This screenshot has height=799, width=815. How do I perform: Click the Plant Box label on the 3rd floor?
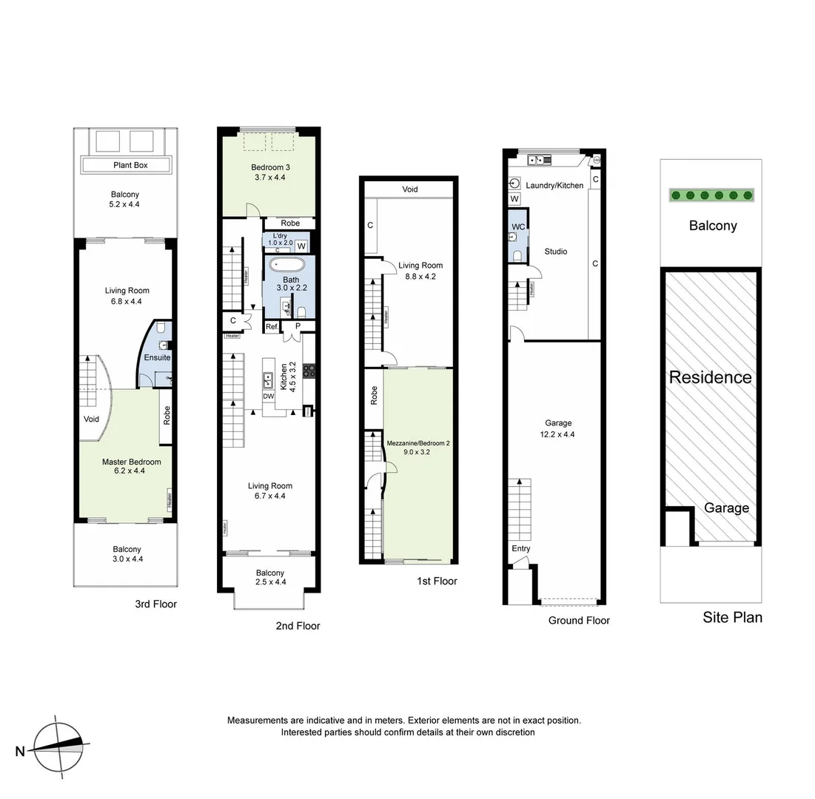130,165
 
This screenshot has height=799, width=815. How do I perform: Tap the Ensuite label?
157,357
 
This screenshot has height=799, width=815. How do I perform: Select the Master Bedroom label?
131,462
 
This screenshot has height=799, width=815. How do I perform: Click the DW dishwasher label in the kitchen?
269,397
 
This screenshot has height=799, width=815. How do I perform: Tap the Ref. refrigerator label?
272,326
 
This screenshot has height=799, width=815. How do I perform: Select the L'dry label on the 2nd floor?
281,235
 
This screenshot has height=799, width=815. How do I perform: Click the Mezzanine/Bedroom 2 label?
418,444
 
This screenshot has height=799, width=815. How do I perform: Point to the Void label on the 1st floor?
410,189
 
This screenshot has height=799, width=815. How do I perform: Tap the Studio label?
555,252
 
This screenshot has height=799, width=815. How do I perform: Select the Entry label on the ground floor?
521,548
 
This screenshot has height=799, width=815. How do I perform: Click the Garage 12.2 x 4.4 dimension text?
558,434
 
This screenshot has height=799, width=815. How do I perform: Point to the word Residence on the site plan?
710,377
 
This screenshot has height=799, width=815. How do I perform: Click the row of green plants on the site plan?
711,195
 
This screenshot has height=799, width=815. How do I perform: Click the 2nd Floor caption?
298,626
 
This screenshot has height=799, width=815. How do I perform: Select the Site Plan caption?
732,617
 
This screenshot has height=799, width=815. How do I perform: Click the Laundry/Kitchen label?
554,185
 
